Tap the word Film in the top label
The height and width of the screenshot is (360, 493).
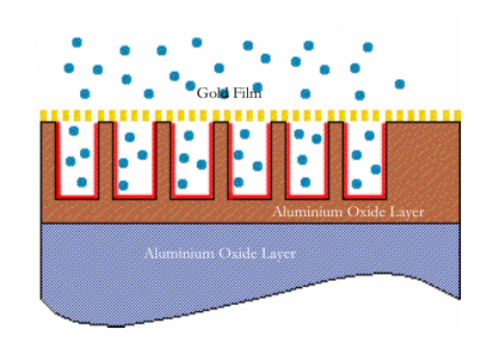pyautogui.click(x=247, y=93)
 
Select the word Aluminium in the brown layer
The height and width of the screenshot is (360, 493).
pyautogui.click(x=308, y=212)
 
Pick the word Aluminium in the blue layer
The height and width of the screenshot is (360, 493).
pyautogui.click(x=179, y=253)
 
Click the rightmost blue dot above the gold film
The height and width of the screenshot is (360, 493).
pyautogui.click(x=400, y=84)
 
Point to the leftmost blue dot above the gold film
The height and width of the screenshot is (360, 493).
pyautogui.click(x=69, y=68)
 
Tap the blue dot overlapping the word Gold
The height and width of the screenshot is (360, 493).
pyautogui.click(x=224, y=93)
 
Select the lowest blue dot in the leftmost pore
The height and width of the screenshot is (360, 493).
pyautogui.click(x=82, y=182)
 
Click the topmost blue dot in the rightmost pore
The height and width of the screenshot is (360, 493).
pyautogui.click(x=370, y=136)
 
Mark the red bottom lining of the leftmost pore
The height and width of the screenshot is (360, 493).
pyautogui.click(x=77, y=197)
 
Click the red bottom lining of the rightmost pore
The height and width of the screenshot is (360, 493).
pyautogui.click(x=365, y=197)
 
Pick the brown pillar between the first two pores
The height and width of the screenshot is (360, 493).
pyautogui.click(x=106, y=161)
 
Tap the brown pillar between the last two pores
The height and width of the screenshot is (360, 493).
pyautogui.click(x=336, y=161)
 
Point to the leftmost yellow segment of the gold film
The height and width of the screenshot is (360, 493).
pyautogui.click(x=44, y=116)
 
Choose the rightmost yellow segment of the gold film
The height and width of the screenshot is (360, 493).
pyautogui.click(x=457, y=116)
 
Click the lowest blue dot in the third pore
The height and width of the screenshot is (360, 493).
pyautogui.click(x=182, y=184)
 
